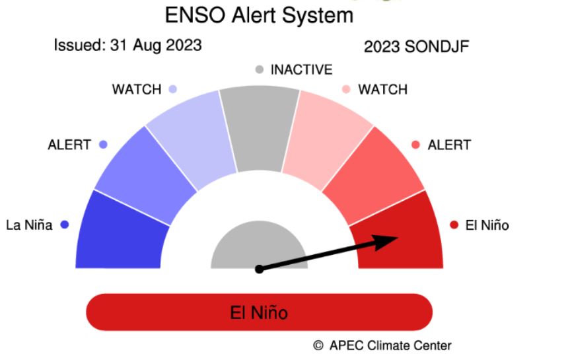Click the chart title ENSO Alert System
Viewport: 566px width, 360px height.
[259, 16]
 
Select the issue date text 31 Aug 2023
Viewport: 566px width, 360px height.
[156, 46]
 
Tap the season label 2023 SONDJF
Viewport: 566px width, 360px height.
[416, 47]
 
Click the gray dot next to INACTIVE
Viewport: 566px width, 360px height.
[259, 69]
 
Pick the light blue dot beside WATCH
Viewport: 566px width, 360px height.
[173, 89]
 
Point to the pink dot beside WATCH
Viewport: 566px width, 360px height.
[346, 89]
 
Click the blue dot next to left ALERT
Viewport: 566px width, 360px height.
[103, 145]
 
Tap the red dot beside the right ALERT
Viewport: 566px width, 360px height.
[415, 145]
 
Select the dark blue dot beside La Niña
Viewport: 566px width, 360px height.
[65, 225]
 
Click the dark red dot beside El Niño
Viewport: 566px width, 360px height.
[454, 225]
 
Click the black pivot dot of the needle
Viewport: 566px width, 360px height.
[259, 269]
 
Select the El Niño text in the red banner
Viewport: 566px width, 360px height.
[259, 312]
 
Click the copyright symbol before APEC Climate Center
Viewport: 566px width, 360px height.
[318, 345]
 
